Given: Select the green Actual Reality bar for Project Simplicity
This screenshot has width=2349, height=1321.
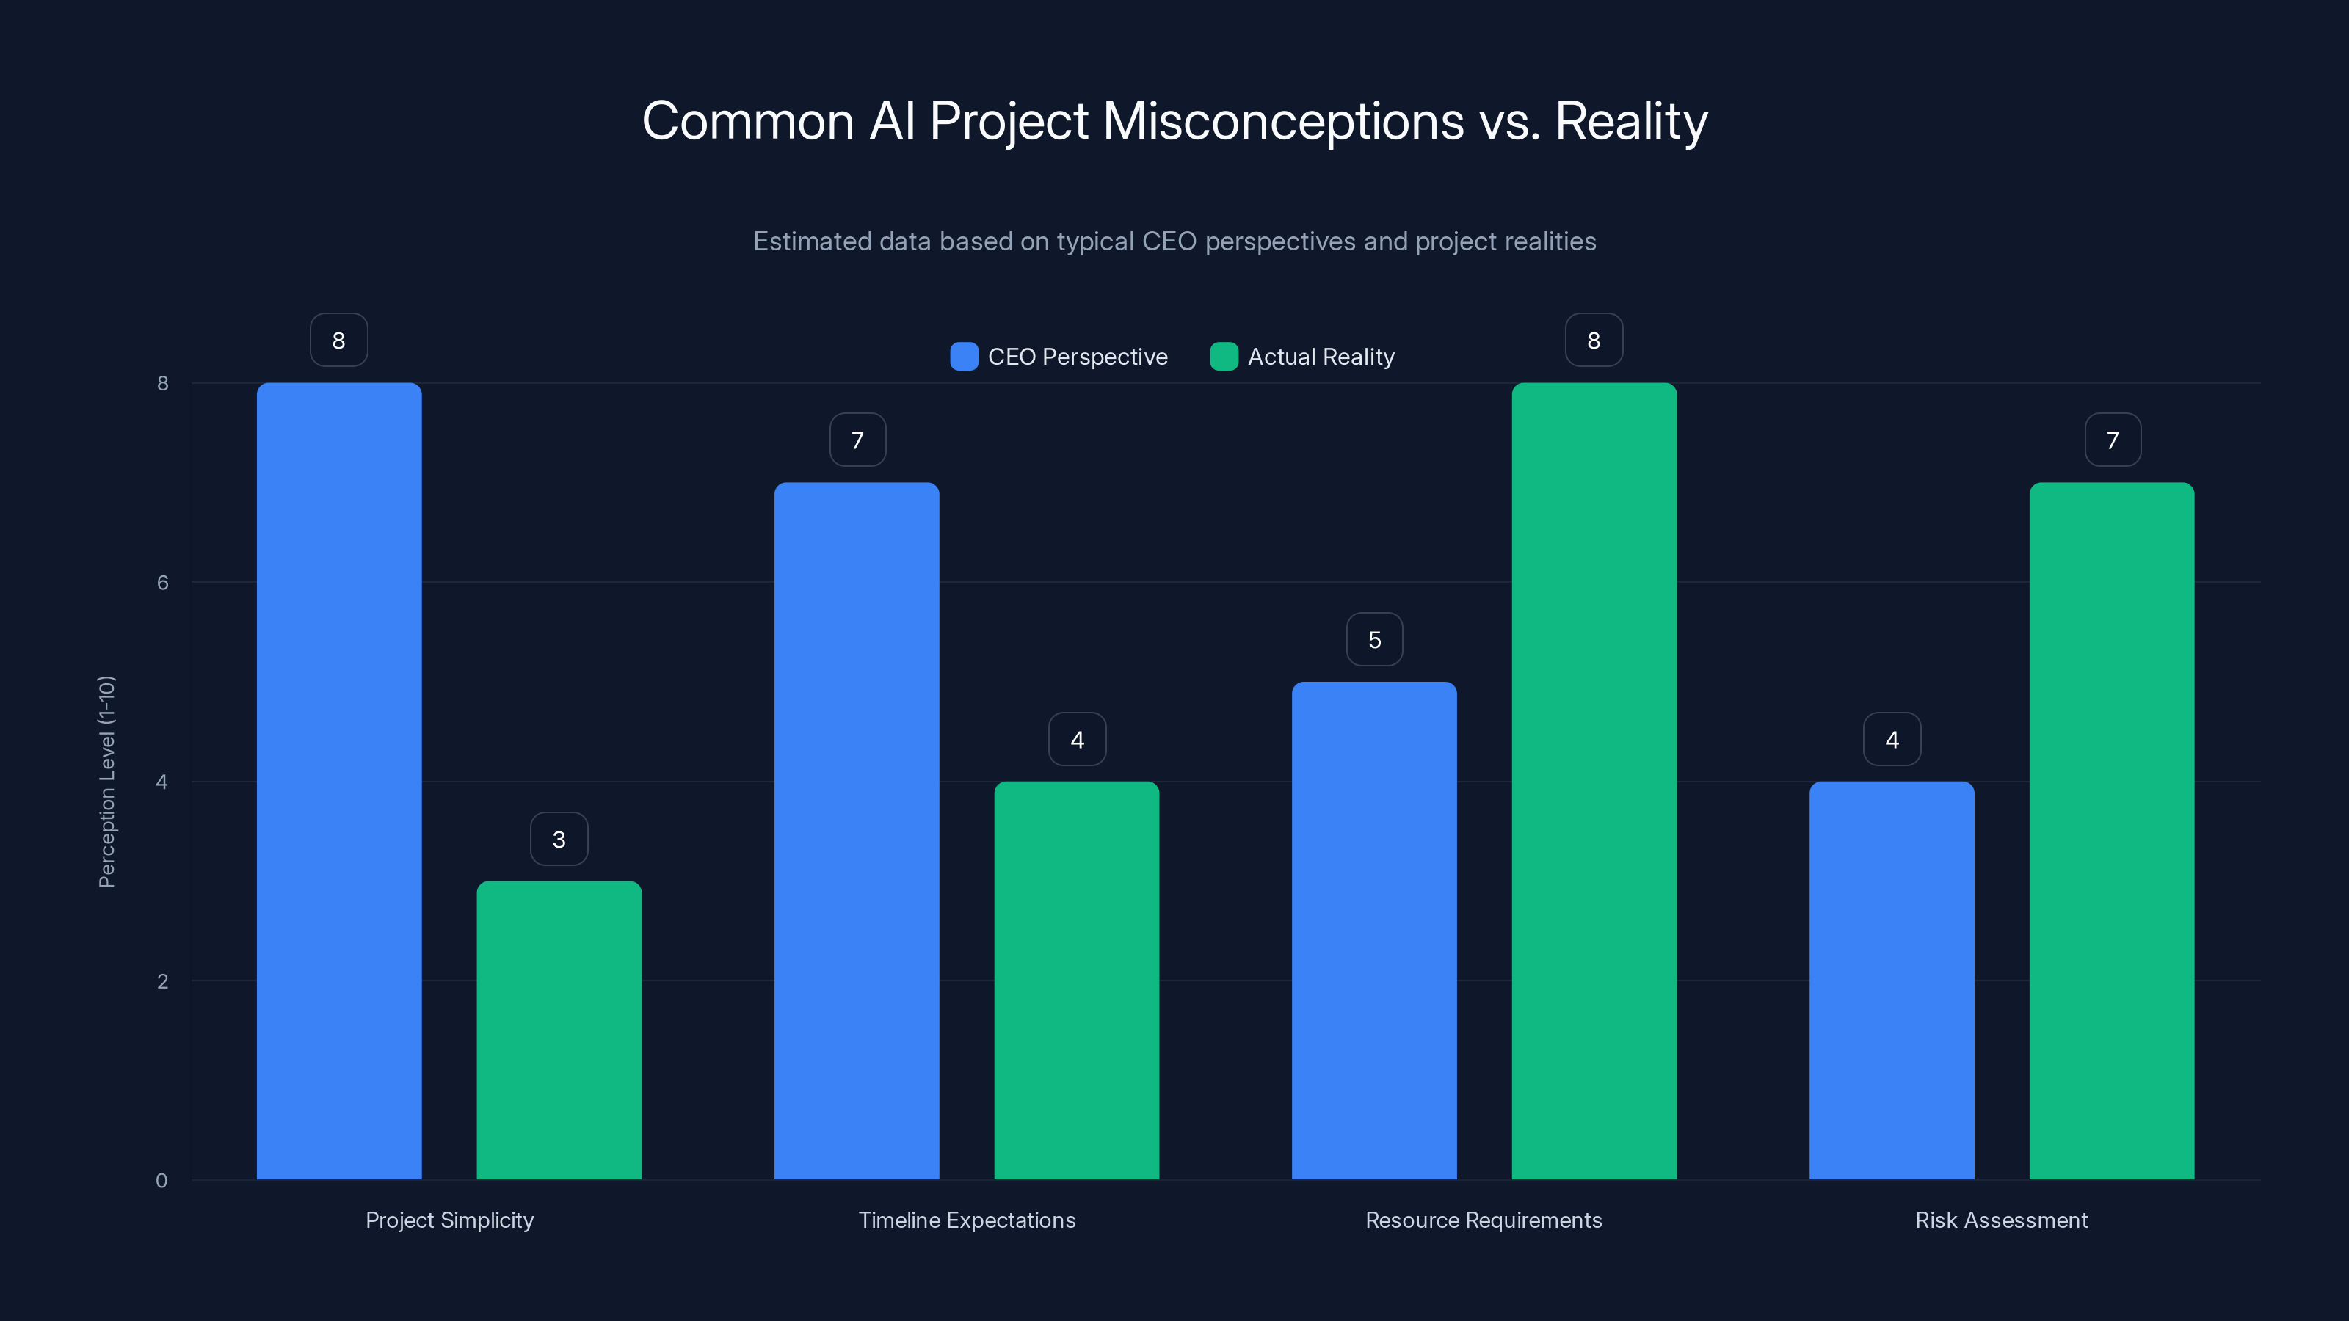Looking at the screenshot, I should tap(559, 1030).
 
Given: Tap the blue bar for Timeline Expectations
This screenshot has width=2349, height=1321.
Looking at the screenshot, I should tap(856, 831).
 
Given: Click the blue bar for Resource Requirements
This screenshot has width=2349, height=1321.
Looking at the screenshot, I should tap(1374, 930).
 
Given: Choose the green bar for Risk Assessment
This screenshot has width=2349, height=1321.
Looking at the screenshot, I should tap(2112, 831).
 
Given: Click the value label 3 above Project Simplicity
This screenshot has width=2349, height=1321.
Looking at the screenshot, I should tap(559, 839).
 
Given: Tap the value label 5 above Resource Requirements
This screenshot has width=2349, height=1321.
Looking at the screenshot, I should tap(1374, 639).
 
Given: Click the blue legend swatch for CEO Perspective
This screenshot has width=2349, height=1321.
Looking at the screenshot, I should tap(964, 357).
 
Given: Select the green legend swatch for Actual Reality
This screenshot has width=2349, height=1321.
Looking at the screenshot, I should tap(1224, 357).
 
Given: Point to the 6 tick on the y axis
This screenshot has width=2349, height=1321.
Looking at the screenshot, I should tap(162, 583).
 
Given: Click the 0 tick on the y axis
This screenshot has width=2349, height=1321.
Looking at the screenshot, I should tap(161, 1181).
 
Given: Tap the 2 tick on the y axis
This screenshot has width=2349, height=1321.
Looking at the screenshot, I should tap(162, 981).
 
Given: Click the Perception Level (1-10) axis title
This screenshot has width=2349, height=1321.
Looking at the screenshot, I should tap(106, 782).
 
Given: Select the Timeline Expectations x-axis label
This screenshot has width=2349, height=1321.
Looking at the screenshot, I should tap(967, 1220).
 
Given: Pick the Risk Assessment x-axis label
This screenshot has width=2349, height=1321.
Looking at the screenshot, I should tap(2000, 1220).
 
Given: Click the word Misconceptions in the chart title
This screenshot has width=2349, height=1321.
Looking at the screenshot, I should tap(1283, 121).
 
